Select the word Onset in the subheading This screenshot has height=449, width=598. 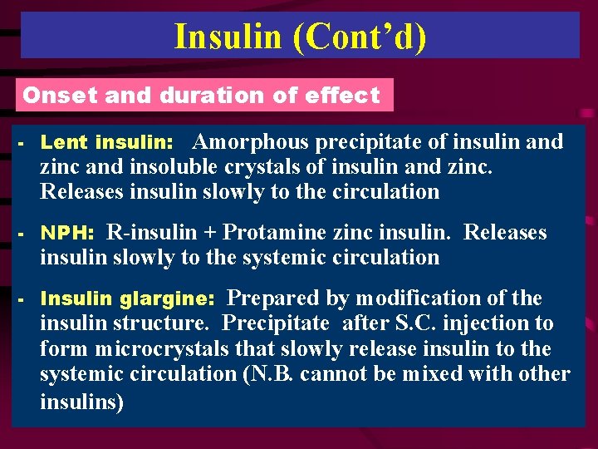point(52,95)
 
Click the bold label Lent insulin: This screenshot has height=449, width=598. point(106,142)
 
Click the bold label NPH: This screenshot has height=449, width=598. point(67,234)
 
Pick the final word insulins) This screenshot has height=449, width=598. point(81,402)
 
